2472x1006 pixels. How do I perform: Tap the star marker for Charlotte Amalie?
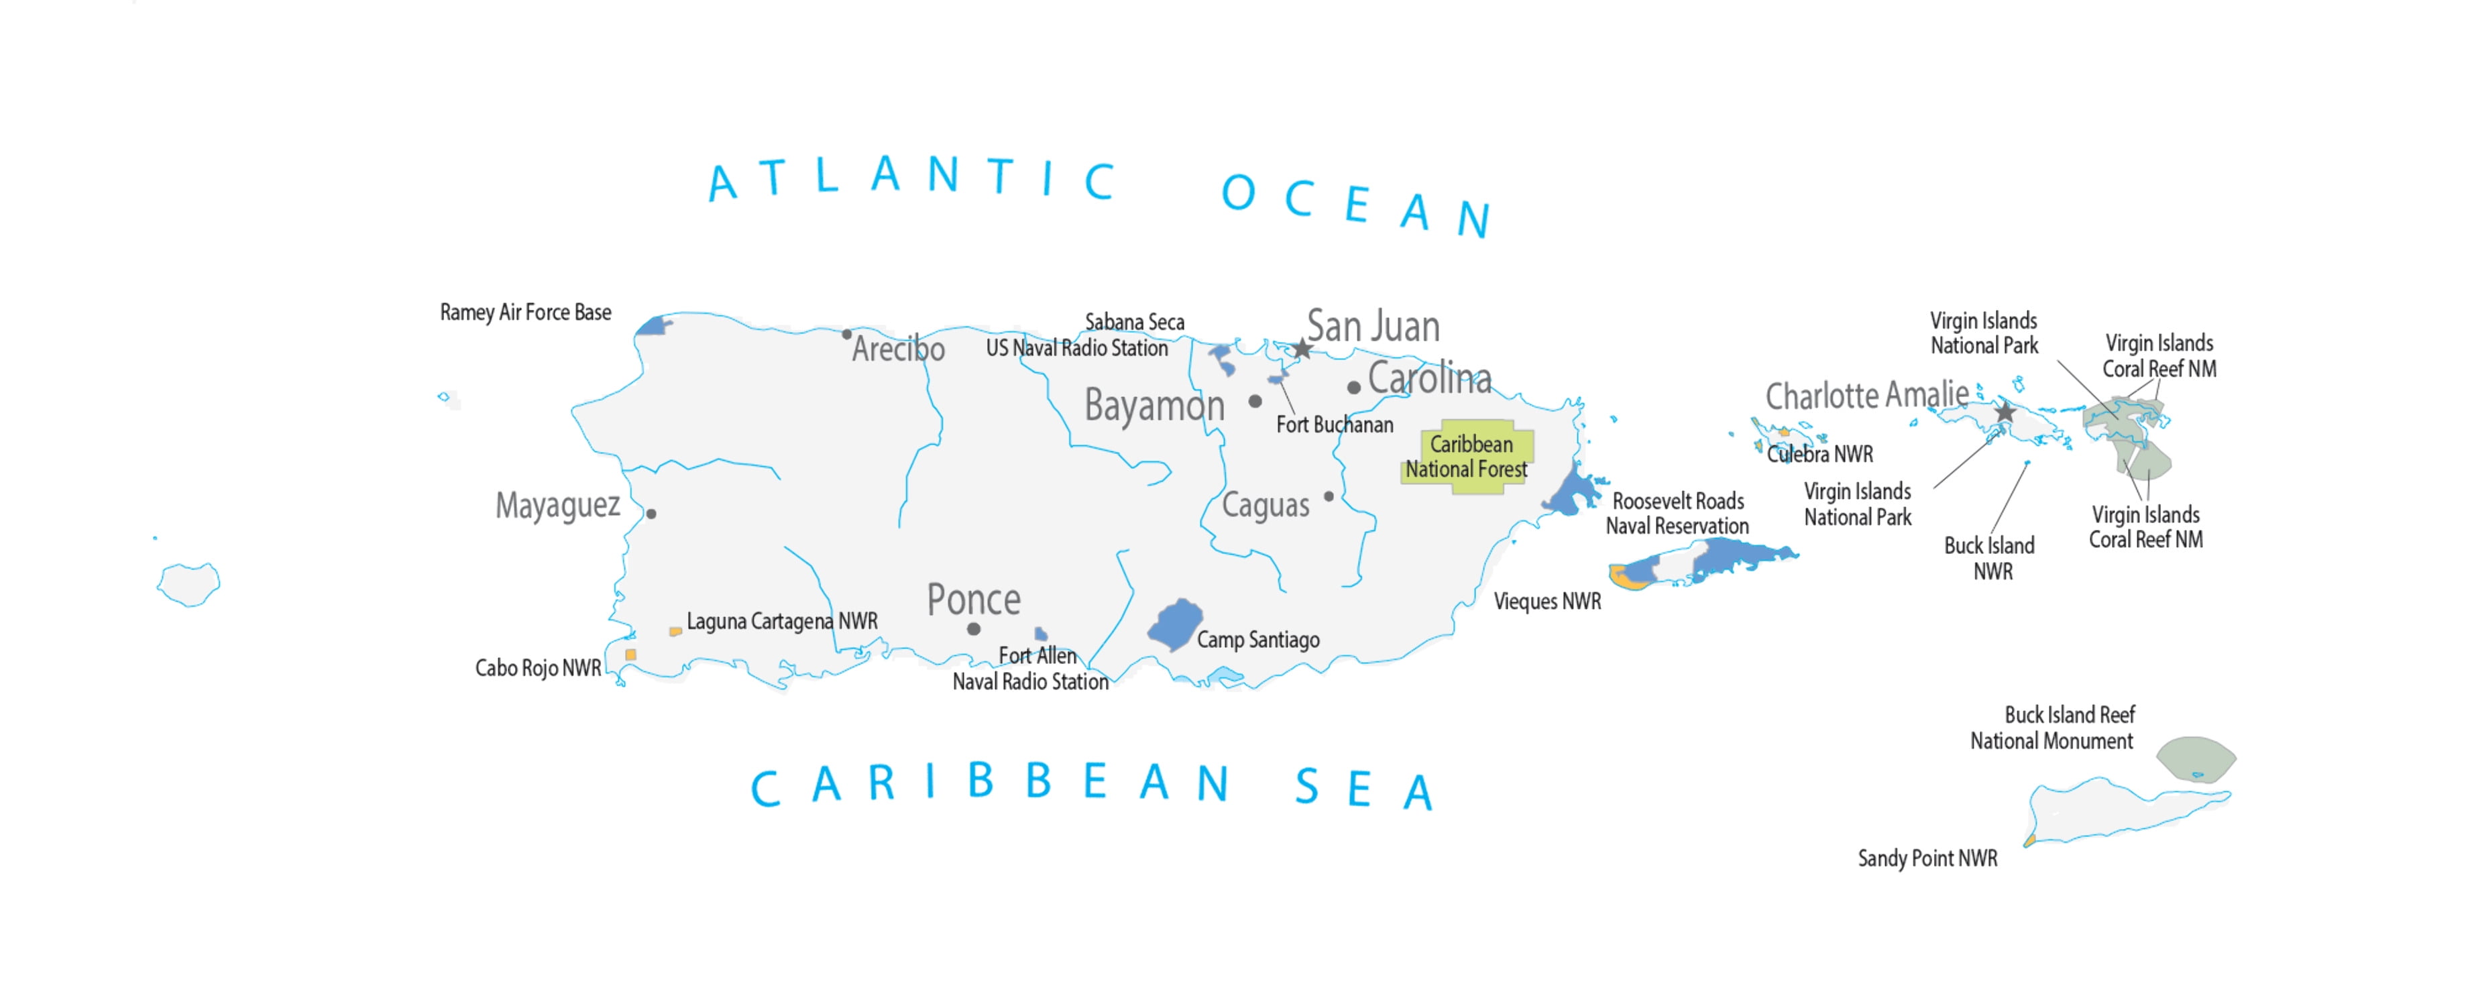tap(2005, 412)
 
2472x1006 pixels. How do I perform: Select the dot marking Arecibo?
tap(846, 334)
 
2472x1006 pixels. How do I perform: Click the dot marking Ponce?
tap(973, 629)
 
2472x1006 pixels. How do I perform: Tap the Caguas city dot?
tap(1328, 496)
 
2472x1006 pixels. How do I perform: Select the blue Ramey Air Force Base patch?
tap(653, 327)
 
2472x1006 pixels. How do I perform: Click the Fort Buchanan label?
tap(1334, 425)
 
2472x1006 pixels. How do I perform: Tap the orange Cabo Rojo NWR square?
tap(630, 655)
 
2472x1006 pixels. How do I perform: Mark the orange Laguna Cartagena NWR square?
tap(675, 632)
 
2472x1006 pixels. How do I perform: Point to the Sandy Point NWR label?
tap(1927, 858)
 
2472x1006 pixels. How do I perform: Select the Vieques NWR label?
tap(1547, 602)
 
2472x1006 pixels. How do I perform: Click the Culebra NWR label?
tap(1819, 454)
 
